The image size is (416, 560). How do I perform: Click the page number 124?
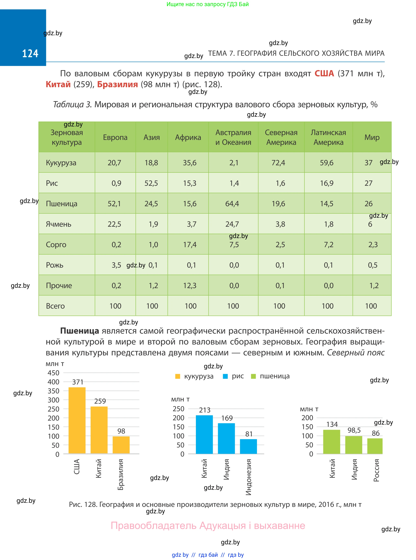coord(30,53)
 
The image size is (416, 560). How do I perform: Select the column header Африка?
coord(188,137)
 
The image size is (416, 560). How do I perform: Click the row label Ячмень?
coord(58,224)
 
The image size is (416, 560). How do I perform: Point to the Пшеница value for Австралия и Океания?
coord(232,203)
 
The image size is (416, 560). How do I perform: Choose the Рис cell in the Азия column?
coord(151,183)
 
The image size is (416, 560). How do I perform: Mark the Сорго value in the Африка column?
coord(190,245)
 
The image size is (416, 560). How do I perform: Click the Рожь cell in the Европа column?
coord(116,265)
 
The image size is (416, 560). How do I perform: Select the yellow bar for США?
coord(77,420)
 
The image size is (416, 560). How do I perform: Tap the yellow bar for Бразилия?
coord(121,445)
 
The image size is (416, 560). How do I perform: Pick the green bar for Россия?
coord(375,446)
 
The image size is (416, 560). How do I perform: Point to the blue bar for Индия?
coord(226,438)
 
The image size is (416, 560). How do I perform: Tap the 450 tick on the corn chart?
coord(53,373)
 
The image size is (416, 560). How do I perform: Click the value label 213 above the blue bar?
coord(204,410)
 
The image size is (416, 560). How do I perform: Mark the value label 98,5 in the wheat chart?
coord(354,430)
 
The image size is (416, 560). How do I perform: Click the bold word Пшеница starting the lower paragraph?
coord(80,331)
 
